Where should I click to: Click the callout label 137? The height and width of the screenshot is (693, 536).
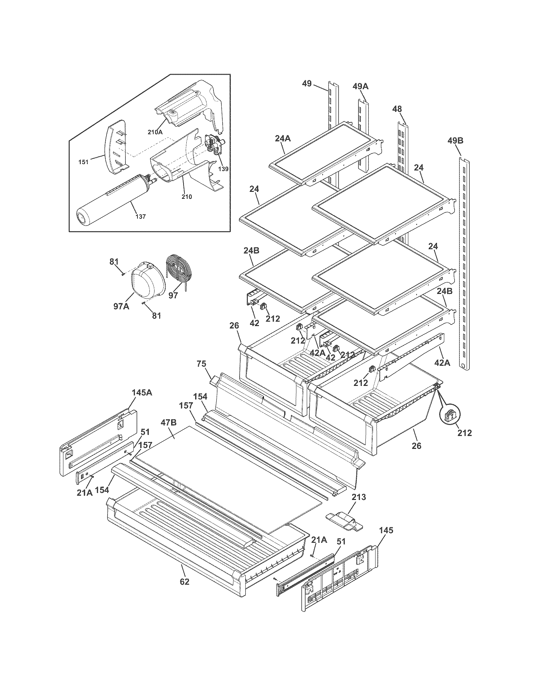click(140, 216)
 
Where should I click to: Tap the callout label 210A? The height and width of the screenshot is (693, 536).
click(155, 132)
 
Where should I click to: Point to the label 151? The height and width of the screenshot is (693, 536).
click(84, 162)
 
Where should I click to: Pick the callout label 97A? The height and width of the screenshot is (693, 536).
click(121, 306)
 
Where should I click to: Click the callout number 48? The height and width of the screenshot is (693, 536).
click(397, 109)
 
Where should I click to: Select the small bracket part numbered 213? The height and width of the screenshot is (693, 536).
click(344, 520)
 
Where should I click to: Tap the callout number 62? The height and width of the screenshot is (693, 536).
click(184, 581)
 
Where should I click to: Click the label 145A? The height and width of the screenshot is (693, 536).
click(142, 392)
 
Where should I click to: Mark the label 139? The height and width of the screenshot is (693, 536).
click(223, 169)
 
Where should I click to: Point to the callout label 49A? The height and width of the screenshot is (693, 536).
click(360, 86)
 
